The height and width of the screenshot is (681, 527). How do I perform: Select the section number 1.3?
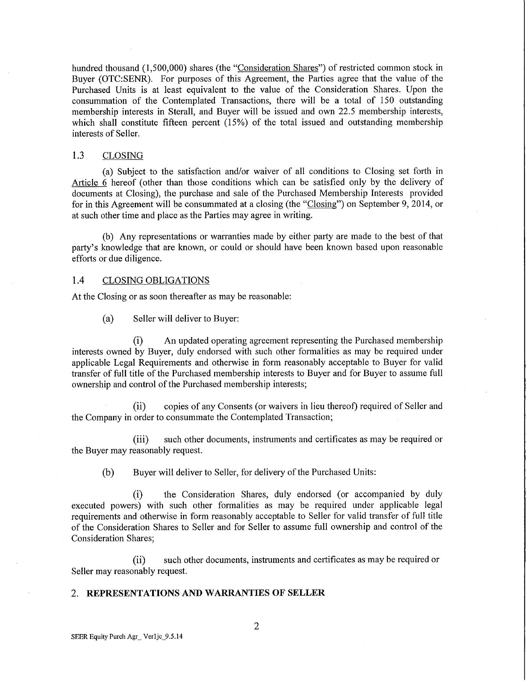coord(77,155)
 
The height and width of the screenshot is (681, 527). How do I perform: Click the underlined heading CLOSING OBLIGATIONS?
coord(156,280)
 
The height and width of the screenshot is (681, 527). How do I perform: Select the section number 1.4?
coord(77,280)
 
